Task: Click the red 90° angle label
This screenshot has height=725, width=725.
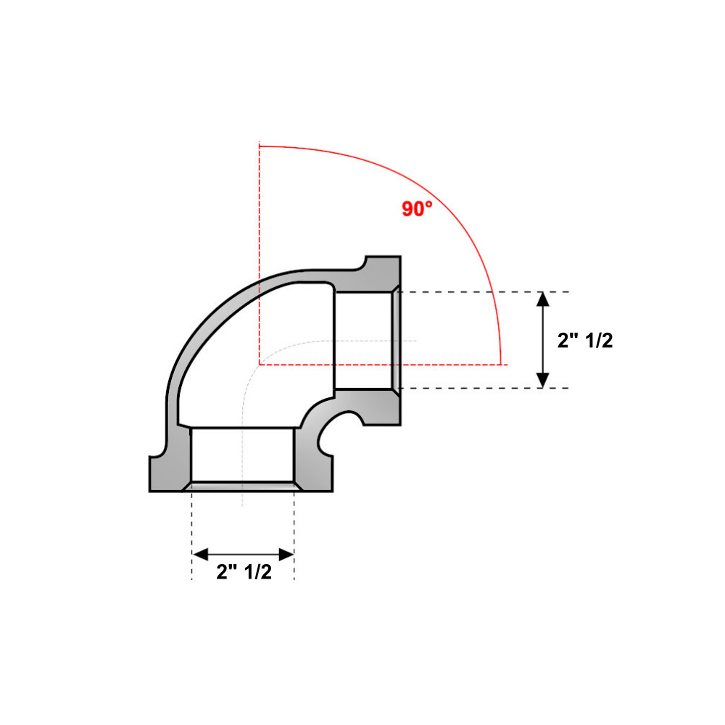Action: [417, 209]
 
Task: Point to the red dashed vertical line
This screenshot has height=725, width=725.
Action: [260, 217]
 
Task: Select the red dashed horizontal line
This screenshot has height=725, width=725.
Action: [449, 364]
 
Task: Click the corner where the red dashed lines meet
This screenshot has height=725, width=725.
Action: [260, 364]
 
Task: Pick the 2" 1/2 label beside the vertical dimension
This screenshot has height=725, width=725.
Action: [584, 341]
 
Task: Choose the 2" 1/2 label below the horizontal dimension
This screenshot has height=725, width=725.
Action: [244, 572]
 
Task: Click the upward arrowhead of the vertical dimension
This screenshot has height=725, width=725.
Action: [542, 299]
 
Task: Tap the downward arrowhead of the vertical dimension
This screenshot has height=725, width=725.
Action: [542, 380]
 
